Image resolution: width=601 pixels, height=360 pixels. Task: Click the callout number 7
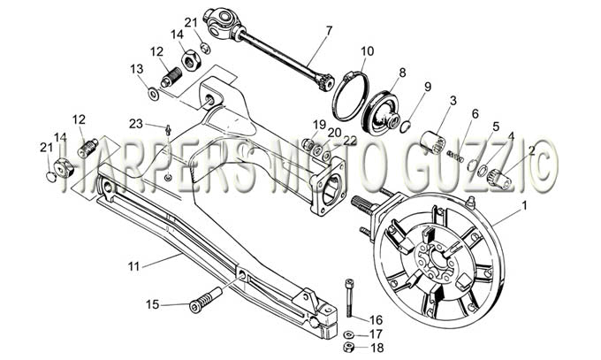pos(329,30)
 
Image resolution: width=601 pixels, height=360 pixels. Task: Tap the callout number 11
pos(133,266)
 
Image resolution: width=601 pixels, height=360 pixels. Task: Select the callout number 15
pos(153,304)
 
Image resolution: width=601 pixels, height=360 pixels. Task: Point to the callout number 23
pos(136,124)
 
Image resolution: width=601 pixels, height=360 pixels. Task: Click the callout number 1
pos(524,206)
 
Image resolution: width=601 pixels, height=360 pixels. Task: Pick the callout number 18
pos(377,348)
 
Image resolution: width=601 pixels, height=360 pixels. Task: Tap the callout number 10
pos(367,51)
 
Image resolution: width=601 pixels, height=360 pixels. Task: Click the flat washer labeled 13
pos(154,94)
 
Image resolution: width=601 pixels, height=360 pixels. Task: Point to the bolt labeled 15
pos(205,298)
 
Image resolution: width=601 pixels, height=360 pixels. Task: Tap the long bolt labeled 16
pos(348,298)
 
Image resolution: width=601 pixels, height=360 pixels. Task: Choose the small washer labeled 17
pos(348,334)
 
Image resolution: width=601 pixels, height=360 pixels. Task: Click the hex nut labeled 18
pos(348,347)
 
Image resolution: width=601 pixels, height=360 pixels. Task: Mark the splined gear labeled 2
pos(499,179)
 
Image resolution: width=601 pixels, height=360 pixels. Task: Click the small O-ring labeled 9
pos(405,127)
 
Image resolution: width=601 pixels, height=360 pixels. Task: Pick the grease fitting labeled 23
pos(168,129)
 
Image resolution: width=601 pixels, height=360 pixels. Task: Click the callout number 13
pos(137,69)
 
